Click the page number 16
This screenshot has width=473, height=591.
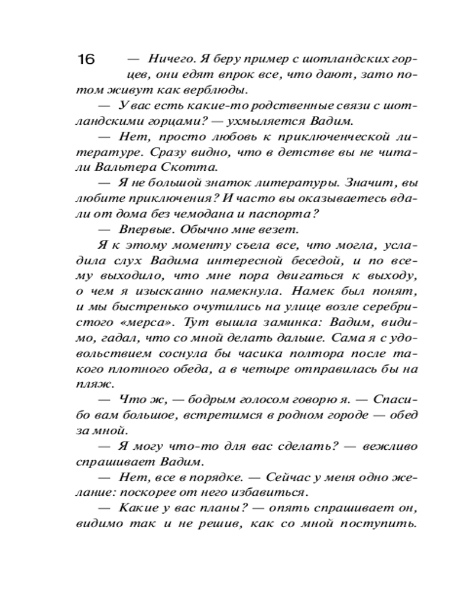86,59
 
